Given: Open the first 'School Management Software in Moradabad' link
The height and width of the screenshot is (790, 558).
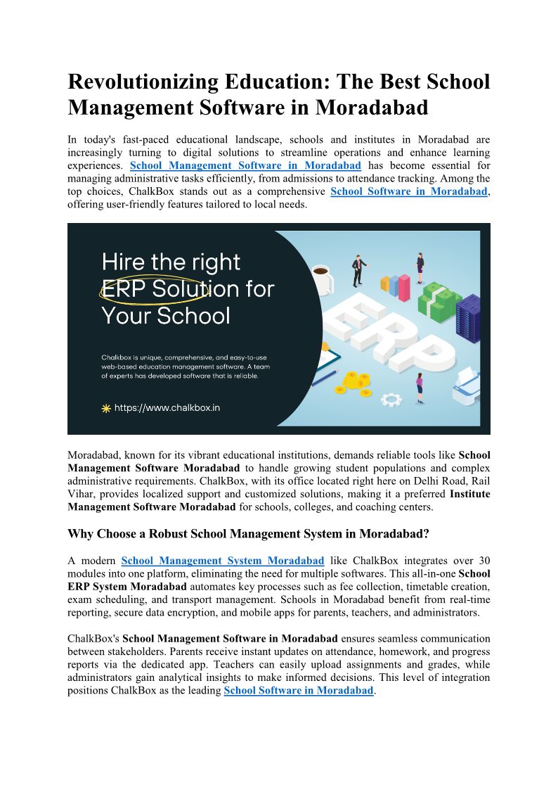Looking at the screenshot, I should tap(246, 165).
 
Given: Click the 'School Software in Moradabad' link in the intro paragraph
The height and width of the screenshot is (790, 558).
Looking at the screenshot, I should tap(408, 191).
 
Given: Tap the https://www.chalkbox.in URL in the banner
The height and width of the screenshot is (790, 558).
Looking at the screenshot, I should tap(167, 407).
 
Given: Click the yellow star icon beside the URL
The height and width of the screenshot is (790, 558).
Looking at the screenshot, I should tap(106, 408).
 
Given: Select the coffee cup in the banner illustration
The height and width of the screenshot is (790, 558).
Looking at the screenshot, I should tap(322, 280).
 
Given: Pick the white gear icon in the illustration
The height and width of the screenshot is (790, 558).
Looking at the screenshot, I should tap(391, 399).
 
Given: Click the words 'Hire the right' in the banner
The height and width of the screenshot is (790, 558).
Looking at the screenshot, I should tap(171, 262).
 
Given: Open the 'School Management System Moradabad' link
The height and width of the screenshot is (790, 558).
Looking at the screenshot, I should tap(223, 561).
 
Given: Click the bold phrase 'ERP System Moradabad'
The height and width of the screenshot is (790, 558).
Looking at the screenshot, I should tap(127, 587).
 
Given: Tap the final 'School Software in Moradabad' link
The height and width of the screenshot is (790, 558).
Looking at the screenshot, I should tap(299, 690).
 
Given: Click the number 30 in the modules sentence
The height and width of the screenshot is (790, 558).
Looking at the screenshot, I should tap(484, 561).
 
